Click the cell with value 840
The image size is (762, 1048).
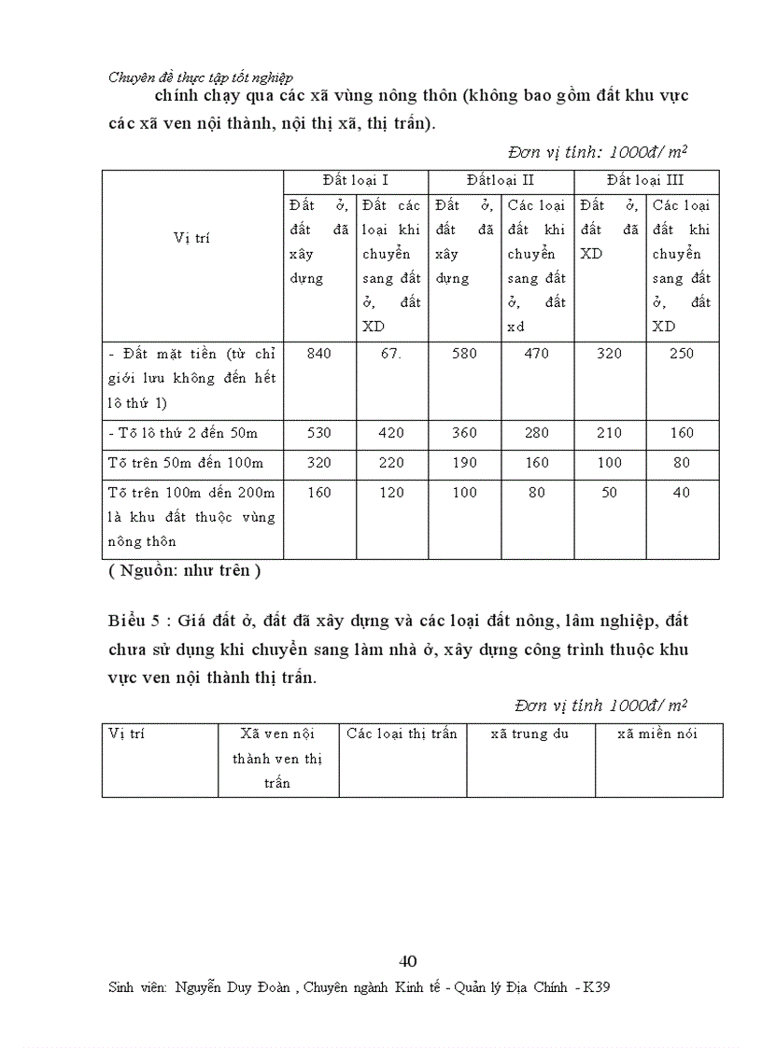tap(318, 354)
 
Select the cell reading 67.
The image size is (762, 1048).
tap(391, 354)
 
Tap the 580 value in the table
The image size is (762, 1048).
tap(464, 354)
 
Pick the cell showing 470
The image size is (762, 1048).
tap(537, 354)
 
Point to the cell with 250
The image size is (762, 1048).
tap(683, 354)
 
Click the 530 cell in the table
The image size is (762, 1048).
tap(318, 433)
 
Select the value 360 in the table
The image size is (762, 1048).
tap(464, 433)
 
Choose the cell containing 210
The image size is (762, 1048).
tap(610, 433)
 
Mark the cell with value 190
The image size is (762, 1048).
tap(464, 463)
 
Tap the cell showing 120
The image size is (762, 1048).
tap(391, 493)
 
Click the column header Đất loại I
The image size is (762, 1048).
tap(355, 180)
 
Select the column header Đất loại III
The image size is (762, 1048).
tap(645, 180)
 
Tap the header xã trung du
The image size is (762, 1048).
tap(529, 734)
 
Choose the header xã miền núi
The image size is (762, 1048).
tap(657, 734)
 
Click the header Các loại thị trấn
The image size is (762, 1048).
tap(402, 734)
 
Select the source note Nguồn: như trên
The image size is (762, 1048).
tap(179, 570)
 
